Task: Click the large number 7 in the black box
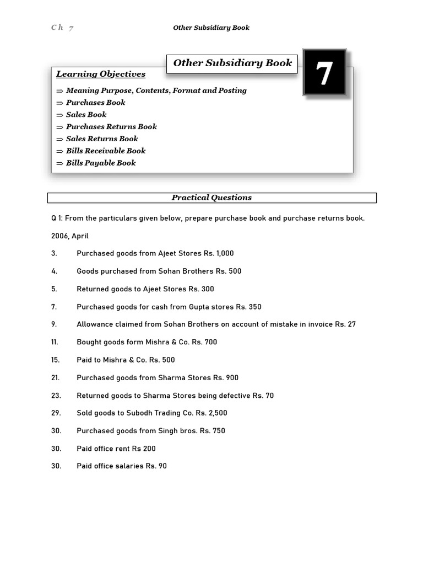tap(324, 72)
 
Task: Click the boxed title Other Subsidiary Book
tap(232, 63)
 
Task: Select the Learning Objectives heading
tap(101, 74)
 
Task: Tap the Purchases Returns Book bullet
tap(111, 126)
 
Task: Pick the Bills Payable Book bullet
tap(101, 163)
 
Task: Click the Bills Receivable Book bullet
tap(106, 151)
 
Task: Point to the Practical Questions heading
tap(211, 198)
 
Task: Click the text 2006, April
tap(70, 236)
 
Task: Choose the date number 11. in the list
tap(55, 342)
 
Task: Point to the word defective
tap(234, 396)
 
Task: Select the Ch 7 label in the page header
tap(62, 28)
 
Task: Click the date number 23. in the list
tap(56, 396)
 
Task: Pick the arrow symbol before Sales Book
tap(59, 115)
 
